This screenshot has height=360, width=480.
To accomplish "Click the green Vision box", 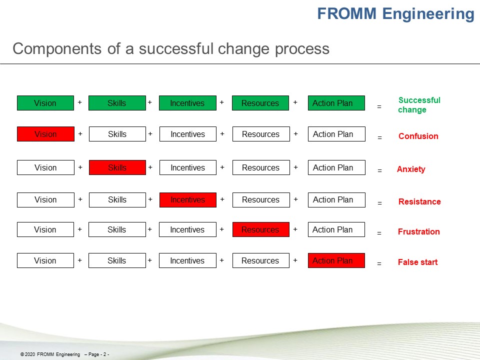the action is click(x=45, y=103).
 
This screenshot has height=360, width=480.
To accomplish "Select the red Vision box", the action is click(x=45, y=134).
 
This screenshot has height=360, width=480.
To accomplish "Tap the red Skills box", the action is click(x=117, y=167).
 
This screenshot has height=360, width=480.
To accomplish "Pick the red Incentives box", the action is click(x=188, y=200).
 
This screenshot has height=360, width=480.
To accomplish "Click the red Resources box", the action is click(x=261, y=229).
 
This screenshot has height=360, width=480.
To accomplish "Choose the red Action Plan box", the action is click(x=336, y=260).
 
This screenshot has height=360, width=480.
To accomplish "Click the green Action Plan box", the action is click(x=336, y=103).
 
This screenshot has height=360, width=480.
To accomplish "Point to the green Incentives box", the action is click(x=187, y=103).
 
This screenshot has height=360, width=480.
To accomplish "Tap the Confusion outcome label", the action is click(x=418, y=136).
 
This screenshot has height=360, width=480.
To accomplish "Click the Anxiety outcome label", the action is click(x=411, y=169).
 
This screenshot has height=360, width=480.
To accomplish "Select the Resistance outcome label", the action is click(x=419, y=201).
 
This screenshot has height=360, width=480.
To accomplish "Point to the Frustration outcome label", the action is click(x=419, y=231).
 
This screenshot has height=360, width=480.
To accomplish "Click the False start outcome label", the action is click(x=417, y=262).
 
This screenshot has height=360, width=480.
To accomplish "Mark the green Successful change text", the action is click(x=419, y=104).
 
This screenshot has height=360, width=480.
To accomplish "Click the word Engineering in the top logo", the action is click(x=428, y=14).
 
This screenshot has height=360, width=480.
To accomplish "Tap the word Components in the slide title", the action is click(x=57, y=48).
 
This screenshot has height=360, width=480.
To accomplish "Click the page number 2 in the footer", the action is click(x=104, y=354).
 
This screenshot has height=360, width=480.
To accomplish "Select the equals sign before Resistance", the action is click(x=379, y=203).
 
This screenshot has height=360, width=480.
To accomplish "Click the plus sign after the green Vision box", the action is click(x=79, y=102).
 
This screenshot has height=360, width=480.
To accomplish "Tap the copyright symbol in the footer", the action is click(x=22, y=354).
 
